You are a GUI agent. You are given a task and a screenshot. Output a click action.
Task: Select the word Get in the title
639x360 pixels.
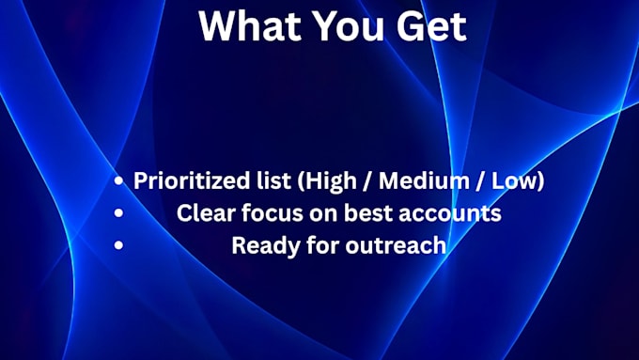(431, 25)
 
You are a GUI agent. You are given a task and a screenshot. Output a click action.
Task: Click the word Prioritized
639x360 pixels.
(192, 180)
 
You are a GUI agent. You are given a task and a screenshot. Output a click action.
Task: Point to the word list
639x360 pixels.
(273, 180)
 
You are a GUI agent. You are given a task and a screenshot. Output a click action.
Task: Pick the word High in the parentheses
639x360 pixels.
(331, 181)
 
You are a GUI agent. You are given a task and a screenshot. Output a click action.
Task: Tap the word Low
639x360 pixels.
(514, 180)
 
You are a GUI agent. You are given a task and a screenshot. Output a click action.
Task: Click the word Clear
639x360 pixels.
(206, 212)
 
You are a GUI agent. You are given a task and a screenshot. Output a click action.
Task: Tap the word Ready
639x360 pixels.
(266, 246)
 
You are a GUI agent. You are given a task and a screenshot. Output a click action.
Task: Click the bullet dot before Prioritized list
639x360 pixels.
(118, 180)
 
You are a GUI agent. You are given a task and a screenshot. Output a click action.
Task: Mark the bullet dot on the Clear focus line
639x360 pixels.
(118, 212)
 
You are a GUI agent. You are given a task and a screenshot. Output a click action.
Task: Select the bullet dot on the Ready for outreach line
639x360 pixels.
(118, 244)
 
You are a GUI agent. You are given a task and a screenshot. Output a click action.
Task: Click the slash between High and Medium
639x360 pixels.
(368, 180)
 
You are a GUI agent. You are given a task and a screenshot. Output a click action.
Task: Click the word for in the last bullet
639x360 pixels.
(322, 245)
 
